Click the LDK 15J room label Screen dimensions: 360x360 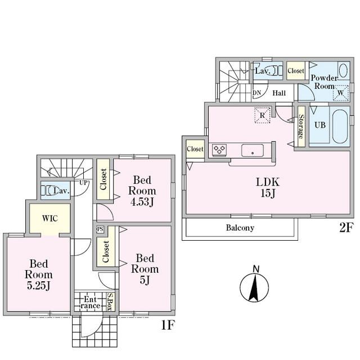(x=268, y=187)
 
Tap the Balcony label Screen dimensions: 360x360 (x=240, y=228)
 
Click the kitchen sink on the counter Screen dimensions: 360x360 (x=253, y=150)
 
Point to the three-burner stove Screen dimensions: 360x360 (x=219, y=149)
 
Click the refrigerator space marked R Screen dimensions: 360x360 (x=262, y=115)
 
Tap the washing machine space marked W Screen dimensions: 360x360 (x=341, y=93)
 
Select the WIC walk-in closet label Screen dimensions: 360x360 (x=50, y=218)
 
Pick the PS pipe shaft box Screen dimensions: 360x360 (x=100, y=229)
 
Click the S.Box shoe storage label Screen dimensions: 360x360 (x=110, y=301)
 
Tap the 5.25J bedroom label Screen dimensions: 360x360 (x=39, y=274)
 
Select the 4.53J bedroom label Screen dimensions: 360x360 (x=142, y=191)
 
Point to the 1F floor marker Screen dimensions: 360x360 (x=168, y=325)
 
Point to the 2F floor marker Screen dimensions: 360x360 (x=345, y=227)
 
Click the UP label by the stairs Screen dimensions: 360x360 (x=84, y=183)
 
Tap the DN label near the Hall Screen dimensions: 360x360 (x=257, y=93)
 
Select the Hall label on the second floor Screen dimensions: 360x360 (x=279, y=93)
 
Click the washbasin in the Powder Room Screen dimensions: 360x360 (x=343, y=70)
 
